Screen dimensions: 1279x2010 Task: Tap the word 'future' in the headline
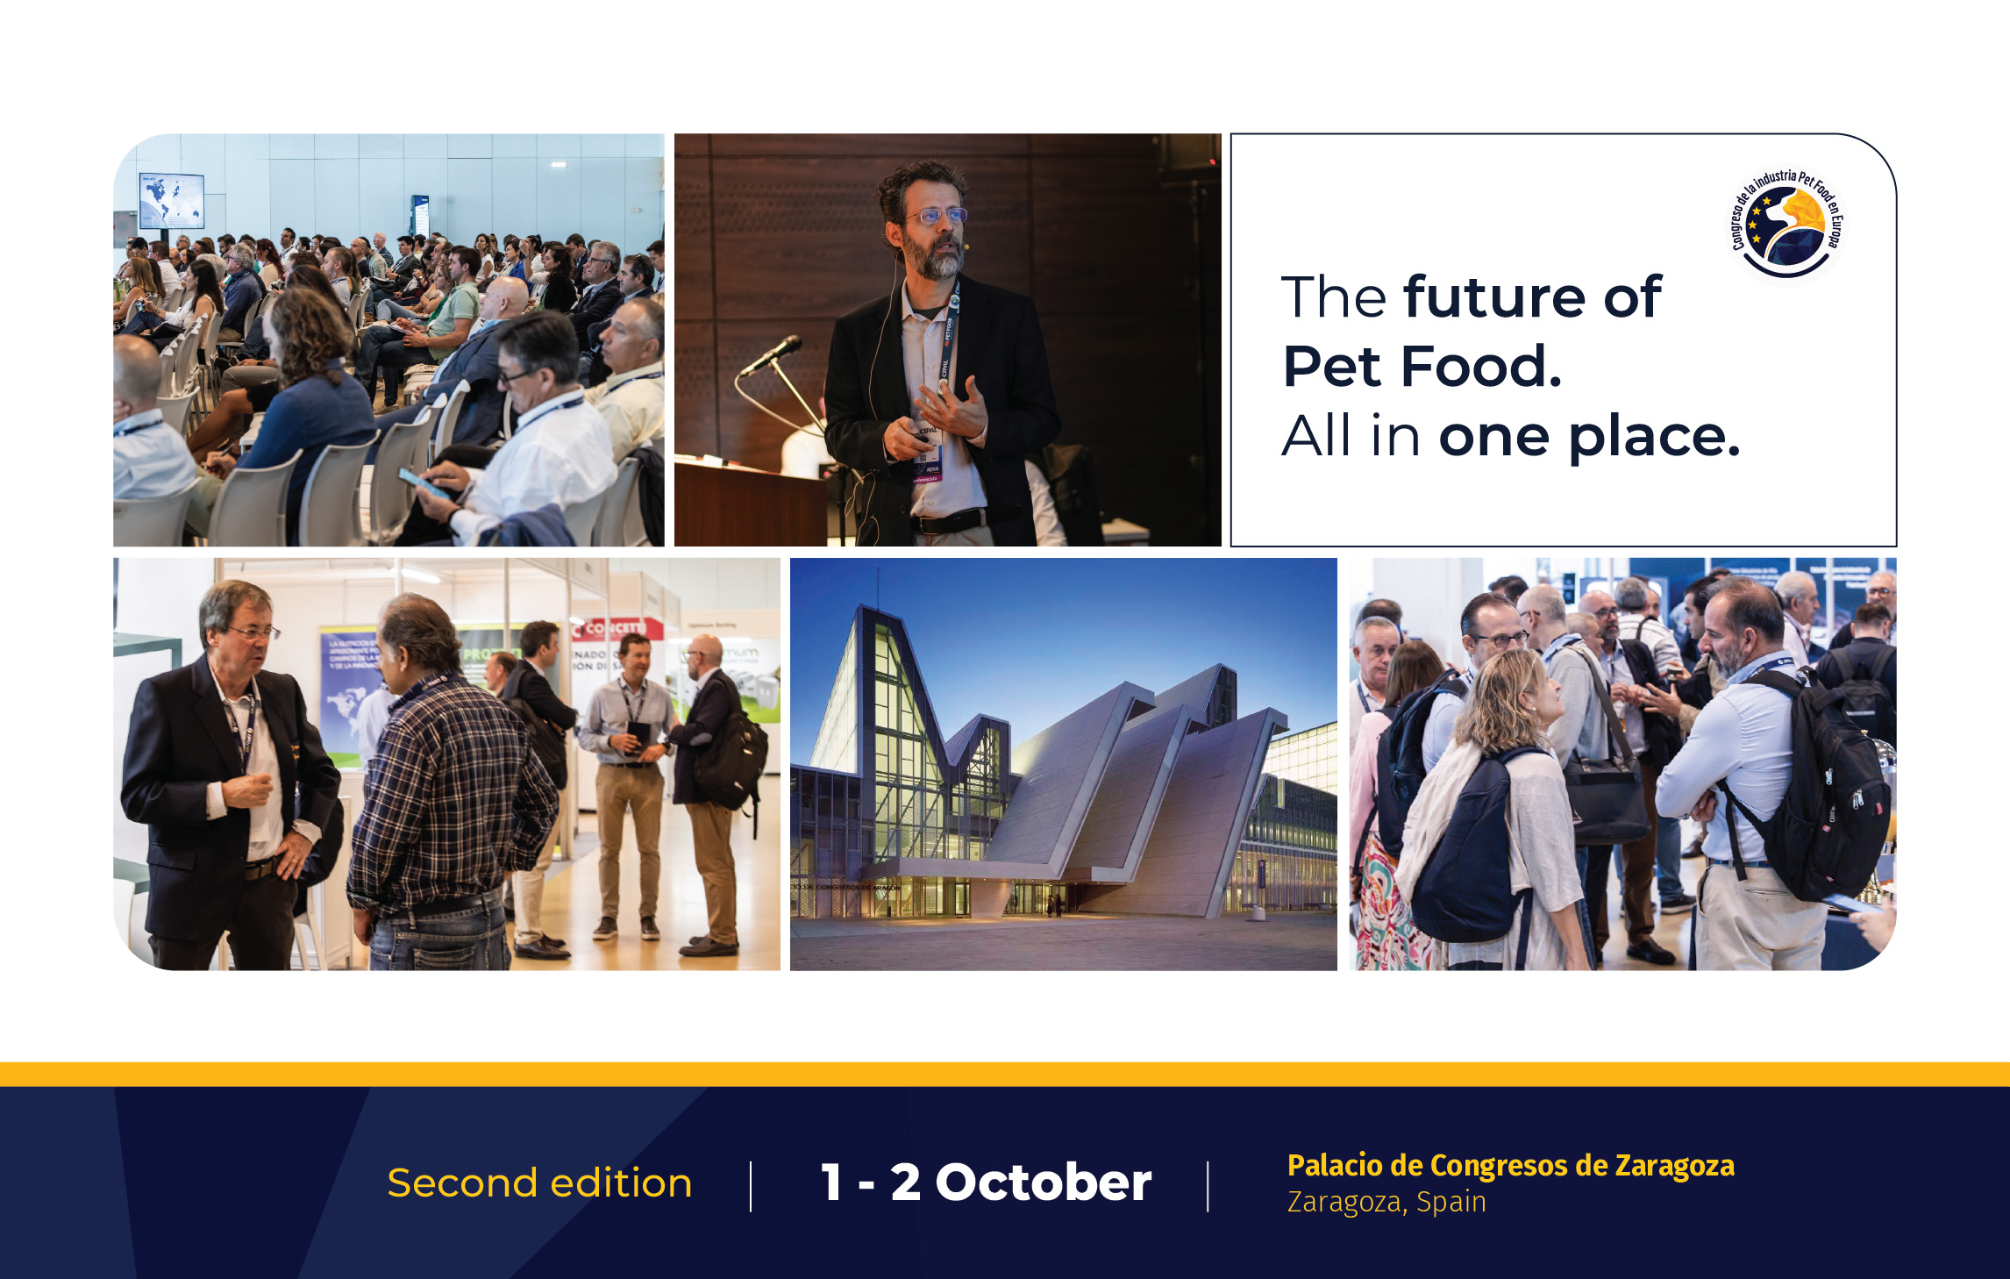tap(1494, 297)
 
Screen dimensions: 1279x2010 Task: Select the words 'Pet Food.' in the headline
tap(1422, 366)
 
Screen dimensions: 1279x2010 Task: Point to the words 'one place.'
tap(1588, 436)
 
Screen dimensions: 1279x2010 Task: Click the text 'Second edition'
tap(539, 1183)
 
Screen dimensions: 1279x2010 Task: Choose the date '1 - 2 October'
tap(986, 1183)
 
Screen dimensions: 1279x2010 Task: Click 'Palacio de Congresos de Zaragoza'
tap(1510, 1165)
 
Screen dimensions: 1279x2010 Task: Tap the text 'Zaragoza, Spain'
tap(1386, 1202)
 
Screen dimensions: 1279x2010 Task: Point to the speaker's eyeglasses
tap(937, 215)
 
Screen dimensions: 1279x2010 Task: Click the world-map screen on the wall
tap(172, 201)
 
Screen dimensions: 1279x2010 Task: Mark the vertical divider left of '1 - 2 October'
tap(751, 1186)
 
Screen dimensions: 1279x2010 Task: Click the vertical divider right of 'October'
tap(1208, 1186)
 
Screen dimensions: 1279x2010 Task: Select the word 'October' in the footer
tap(1043, 1183)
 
